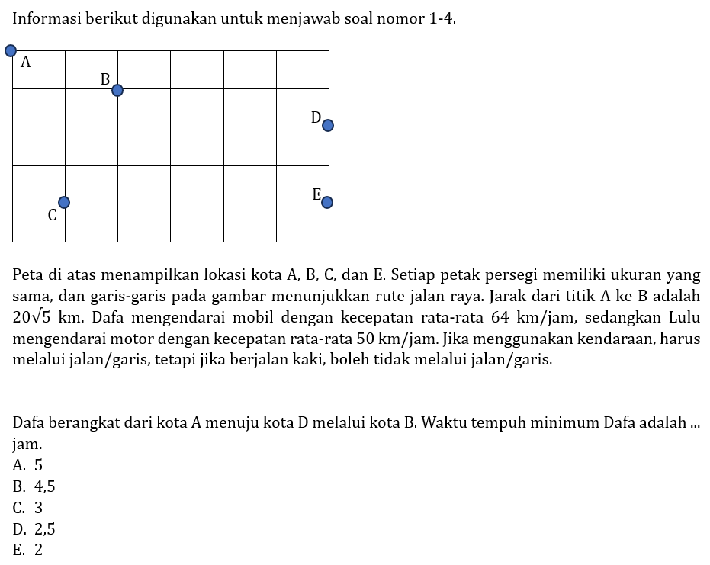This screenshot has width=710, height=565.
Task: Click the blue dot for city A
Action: pos(11,51)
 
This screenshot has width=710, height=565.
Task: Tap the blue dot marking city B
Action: pos(117,90)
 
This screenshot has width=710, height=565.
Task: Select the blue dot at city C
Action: pos(64,202)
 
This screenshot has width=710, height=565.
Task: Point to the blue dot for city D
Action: pos(328,125)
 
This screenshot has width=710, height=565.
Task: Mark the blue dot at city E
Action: pos(327,202)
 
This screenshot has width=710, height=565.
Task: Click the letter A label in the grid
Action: pos(26,63)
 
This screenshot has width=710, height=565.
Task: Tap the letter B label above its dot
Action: pos(105,79)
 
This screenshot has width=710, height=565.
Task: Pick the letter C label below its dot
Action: pos(52,216)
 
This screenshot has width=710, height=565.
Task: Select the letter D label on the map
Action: pos(316,117)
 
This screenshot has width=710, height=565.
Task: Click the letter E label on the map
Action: pos(316,194)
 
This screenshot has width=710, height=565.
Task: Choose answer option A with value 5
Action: pos(28,465)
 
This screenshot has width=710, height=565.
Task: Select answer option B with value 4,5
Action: pos(34,486)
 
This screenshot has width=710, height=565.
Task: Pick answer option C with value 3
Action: pos(28,508)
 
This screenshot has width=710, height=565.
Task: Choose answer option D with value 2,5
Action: pos(34,529)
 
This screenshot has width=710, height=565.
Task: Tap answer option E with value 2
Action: pos(28,551)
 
